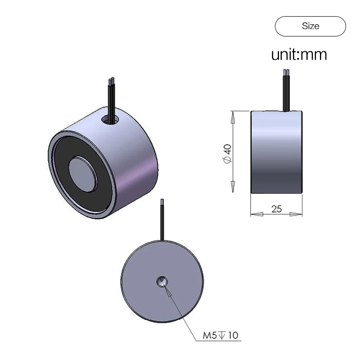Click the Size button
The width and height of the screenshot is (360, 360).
[310, 26]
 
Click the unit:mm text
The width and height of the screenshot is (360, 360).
[299, 54]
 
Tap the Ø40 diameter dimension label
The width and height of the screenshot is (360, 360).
[227, 154]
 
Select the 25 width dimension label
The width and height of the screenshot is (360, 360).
[276, 209]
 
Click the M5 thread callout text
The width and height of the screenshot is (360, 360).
[210, 335]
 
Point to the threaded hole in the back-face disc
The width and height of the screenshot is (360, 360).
[162, 282]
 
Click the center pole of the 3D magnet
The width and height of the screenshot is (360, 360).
[82, 175]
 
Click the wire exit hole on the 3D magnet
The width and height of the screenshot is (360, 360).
[110, 120]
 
